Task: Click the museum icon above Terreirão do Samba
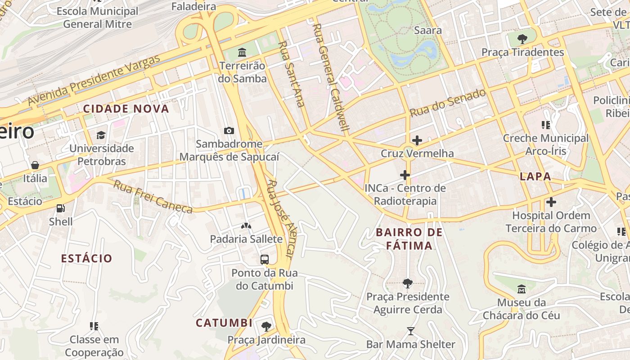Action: point(242,53)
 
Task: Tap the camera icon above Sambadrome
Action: point(229,131)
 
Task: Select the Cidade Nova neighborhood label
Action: point(126,108)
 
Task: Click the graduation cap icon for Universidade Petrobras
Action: point(101,135)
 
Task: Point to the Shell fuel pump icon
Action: point(60,208)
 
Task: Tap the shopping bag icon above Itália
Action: point(35,165)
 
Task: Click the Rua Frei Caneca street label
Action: point(153,197)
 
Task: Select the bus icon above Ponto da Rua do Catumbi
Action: point(265,260)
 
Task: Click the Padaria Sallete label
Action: point(246,239)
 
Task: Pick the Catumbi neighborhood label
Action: point(224,323)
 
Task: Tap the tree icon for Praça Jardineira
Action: point(266,326)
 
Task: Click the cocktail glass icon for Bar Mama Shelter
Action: point(410,331)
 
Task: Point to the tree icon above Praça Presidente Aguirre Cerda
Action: point(408,283)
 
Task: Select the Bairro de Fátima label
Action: point(409,239)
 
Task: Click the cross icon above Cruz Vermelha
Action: point(417,140)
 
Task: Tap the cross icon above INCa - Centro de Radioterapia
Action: point(405,175)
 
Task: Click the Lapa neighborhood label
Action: point(535,176)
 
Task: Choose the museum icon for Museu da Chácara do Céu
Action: point(521,289)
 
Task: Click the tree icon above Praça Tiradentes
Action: point(522,39)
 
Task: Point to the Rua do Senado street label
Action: point(448,103)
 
